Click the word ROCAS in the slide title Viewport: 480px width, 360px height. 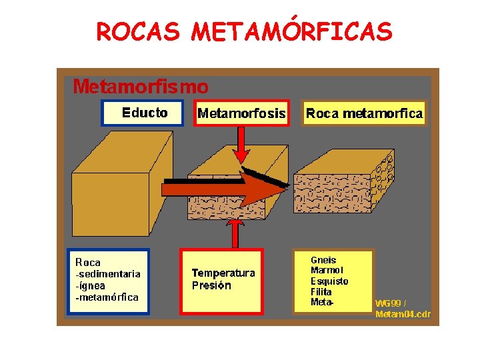tap(138, 31)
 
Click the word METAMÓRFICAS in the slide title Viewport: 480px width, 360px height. tap(292, 31)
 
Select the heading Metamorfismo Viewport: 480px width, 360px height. tap(140, 86)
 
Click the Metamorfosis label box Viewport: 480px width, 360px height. tap(241, 113)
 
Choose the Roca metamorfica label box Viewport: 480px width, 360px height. tap(364, 113)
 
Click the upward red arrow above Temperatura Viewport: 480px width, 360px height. tap(235, 234)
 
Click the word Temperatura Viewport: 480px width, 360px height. tap(223, 273)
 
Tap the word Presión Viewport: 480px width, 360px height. tap(211, 285)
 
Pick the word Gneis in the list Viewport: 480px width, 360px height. tap(323, 260)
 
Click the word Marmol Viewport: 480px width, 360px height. tap(327, 271)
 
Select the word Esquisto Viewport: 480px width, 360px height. tap(329, 281)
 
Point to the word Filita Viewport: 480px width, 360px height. tap(321, 292)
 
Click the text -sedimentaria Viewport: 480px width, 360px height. tap(107, 274)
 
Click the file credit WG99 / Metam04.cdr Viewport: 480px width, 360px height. tap(403, 309)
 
